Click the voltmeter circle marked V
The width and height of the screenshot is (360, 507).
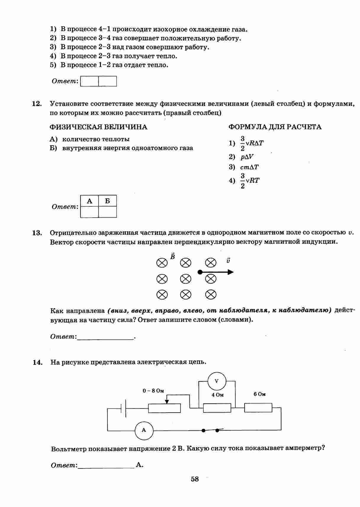[216, 381]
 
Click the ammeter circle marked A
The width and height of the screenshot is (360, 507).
[144, 430]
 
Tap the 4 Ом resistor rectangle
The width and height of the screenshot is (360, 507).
[217, 408]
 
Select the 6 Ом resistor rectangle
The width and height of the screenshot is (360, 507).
[258, 408]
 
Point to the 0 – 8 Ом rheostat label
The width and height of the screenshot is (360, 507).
[153, 391]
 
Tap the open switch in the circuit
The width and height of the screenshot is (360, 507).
[210, 430]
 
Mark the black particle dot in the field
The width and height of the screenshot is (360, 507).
[200, 272]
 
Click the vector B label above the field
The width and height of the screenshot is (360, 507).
[173, 256]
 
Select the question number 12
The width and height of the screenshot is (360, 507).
[37, 104]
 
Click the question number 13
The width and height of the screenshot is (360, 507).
[37, 233]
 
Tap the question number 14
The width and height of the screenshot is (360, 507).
[37, 362]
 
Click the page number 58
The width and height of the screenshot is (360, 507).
[195, 479]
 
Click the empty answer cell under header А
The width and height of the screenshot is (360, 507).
[89, 212]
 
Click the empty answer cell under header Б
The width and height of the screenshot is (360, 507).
[107, 212]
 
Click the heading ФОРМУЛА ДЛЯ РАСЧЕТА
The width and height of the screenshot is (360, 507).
[275, 127]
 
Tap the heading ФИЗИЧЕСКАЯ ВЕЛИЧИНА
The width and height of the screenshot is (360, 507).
[98, 127]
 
